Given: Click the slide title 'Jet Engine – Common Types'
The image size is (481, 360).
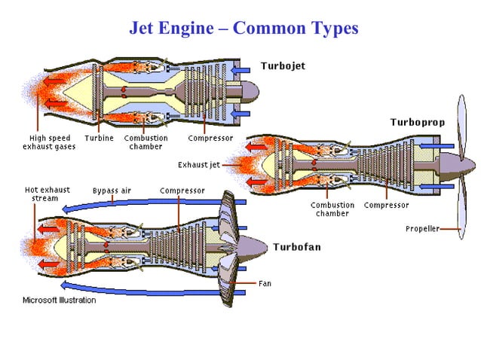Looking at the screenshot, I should (x=244, y=29).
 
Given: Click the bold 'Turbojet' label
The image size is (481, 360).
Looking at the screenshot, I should (x=283, y=66).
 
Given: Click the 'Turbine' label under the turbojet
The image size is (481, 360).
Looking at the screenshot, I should (x=99, y=139).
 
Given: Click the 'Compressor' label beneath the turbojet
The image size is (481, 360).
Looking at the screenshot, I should (x=210, y=139).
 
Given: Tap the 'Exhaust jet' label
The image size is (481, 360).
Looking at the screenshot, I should (x=198, y=164).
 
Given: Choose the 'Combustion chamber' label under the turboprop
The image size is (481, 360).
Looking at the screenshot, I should (x=332, y=209).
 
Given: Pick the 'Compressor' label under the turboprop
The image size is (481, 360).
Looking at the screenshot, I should (x=386, y=205).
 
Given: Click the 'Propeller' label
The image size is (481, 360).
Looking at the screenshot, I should (x=422, y=228).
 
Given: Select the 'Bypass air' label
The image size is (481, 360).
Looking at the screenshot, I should (x=112, y=191).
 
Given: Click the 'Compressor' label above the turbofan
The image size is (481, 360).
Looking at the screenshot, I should (x=182, y=191).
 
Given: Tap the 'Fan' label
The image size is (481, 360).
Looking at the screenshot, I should (x=265, y=283).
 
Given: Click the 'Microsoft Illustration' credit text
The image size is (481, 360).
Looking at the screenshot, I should (x=59, y=301).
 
